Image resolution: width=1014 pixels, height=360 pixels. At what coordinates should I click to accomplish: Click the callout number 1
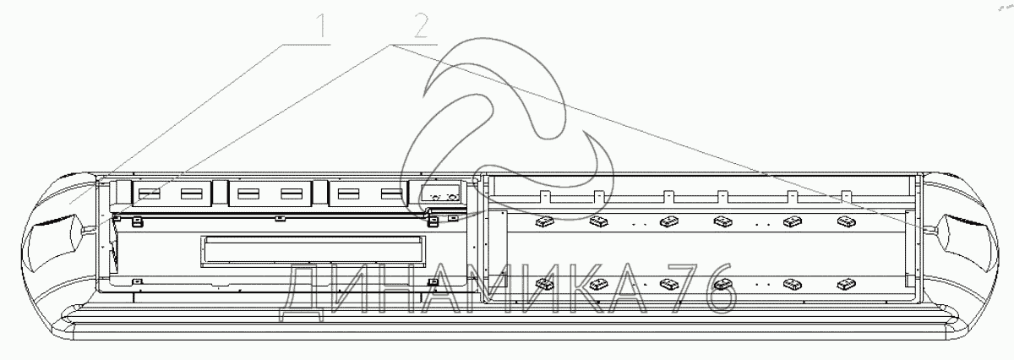coord(321,29)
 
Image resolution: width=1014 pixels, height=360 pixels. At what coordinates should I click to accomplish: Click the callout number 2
coord(420,29)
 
